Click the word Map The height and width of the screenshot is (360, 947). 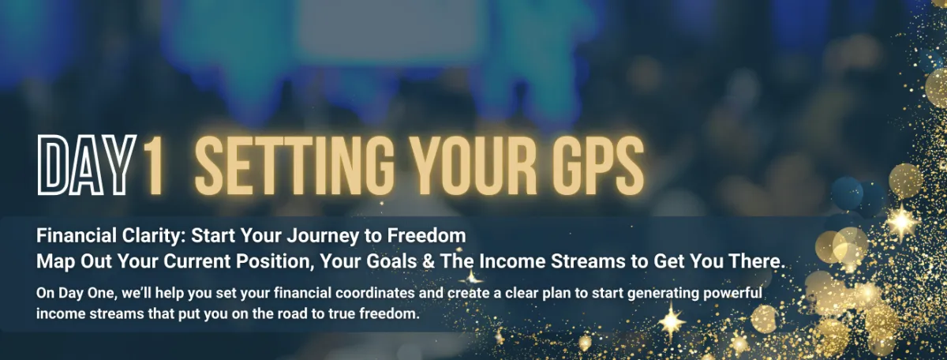point(56,262)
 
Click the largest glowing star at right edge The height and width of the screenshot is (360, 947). point(902,222)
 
